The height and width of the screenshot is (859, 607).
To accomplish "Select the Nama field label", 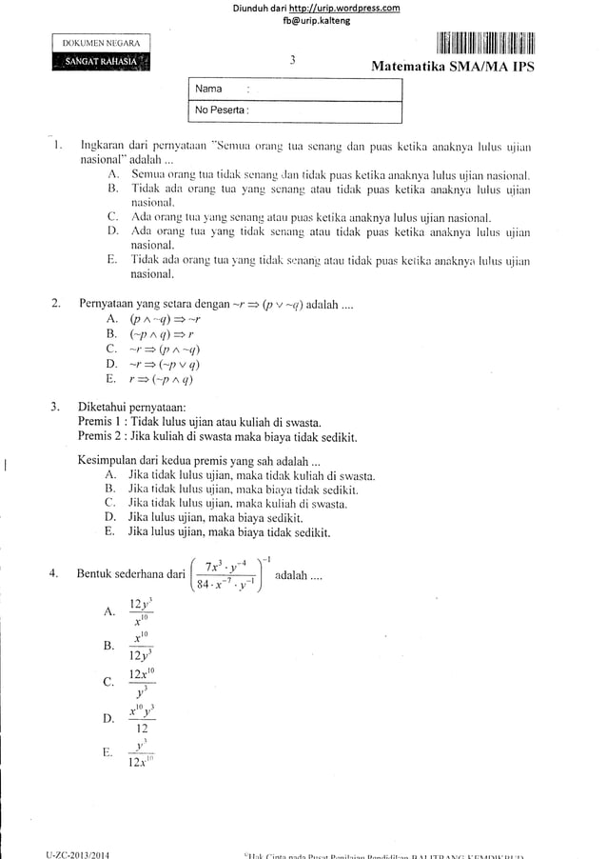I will [x=208, y=90].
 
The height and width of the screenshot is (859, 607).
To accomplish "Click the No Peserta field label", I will [x=221, y=110].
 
